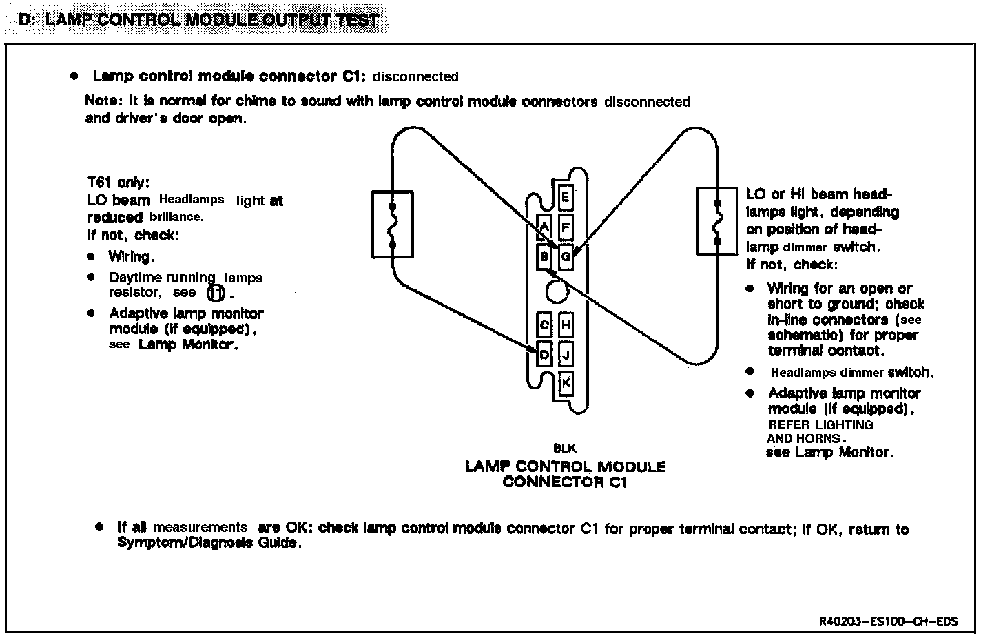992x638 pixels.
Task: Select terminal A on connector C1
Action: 544,226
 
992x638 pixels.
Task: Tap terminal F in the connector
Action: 566,227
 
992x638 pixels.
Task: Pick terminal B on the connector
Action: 544,258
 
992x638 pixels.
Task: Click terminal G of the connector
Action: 566,258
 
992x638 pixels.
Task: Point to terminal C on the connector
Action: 544,325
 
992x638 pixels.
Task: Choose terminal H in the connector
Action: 566,325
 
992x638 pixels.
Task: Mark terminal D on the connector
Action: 544,355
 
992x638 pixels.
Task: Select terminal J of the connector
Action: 566,355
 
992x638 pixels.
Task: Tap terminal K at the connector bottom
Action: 566,383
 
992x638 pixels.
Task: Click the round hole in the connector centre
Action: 555,292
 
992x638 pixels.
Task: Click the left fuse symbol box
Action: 392,224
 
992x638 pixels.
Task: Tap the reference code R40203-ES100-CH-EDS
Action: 888,621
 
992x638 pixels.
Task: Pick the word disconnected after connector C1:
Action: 415,76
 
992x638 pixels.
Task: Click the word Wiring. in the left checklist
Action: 131,257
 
